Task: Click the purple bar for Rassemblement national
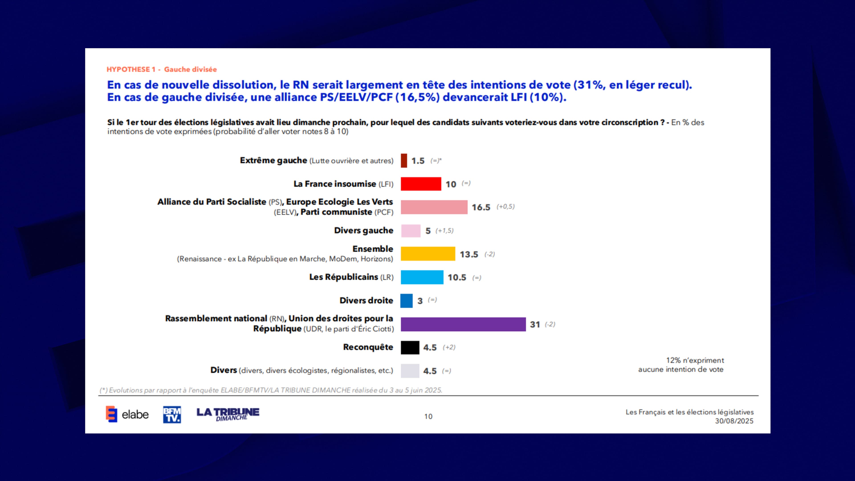click(x=463, y=324)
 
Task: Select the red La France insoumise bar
click(x=421, y=184)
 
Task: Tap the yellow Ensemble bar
click(x=428, y=254)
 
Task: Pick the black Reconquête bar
click(x=410, y=348)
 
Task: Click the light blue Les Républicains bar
click(x=422, y=277)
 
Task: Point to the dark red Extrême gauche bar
click(x=404, y=161)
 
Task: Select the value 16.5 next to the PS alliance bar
click(x=481, y=208)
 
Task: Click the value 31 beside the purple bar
click(x=535, y=325)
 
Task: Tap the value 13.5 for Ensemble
click(x=469, y=255)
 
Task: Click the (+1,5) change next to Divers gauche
click(x=444, y=231)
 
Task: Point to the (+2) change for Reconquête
click(x=449, y=347)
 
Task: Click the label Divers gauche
click(x=363, y=230)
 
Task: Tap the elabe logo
click(x=127, y=414)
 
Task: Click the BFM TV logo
click(x=172, y=415)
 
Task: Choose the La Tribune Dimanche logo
click(x=228, y=414)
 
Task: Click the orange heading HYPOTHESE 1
click(x=131, y=69)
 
